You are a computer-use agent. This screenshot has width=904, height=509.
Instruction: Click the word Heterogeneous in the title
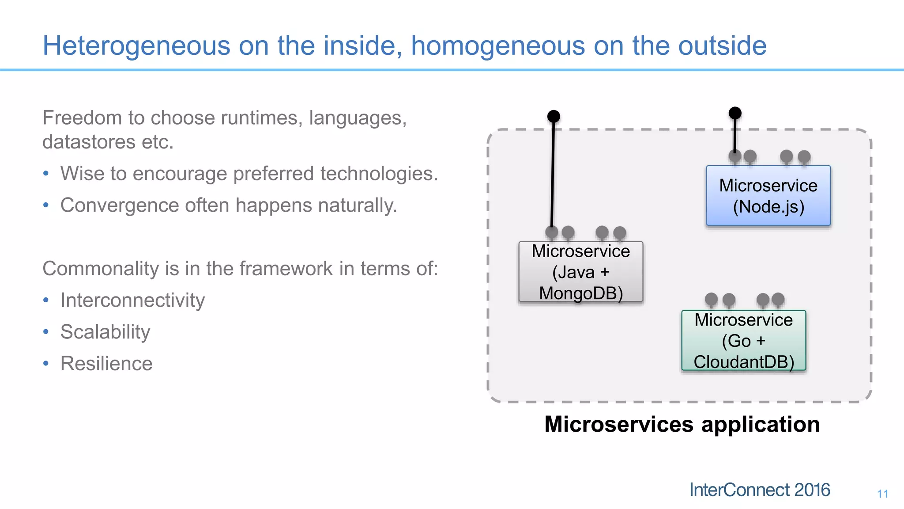click(x=136, y=46)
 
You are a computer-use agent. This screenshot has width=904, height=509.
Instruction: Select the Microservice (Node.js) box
click(x=768, y=196)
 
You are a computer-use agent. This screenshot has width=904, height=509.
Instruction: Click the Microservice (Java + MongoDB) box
click(x=580, y=272)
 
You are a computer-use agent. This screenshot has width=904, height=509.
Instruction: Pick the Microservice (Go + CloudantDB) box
click(x=743, y=341)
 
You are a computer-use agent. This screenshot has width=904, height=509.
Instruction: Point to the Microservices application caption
click(x=682, y=424)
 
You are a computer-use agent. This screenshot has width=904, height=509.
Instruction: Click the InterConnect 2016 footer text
click(x=759, y=490)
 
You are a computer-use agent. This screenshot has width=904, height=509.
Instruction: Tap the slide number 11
click(x=882, y=494)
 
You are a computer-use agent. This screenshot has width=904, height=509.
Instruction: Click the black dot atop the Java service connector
click(x=554, y=116)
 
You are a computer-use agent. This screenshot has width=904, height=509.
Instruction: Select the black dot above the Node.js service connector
click(x=735, y=113)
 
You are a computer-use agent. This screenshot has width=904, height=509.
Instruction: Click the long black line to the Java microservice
click(x=553, y=177)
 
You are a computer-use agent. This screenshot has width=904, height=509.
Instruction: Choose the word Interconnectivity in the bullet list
click(x=132, y=300)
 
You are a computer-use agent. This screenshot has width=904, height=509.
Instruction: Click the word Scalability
click(x=105, y=332)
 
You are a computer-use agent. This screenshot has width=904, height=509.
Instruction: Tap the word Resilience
click(x=106, y=364)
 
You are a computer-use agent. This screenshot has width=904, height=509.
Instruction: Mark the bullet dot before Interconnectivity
click(x=46, y=300)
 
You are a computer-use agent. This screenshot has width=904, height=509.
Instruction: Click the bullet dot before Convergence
click(x=46, y=205)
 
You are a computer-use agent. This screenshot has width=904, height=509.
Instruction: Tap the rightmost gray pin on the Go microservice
click(x=778, y=300)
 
